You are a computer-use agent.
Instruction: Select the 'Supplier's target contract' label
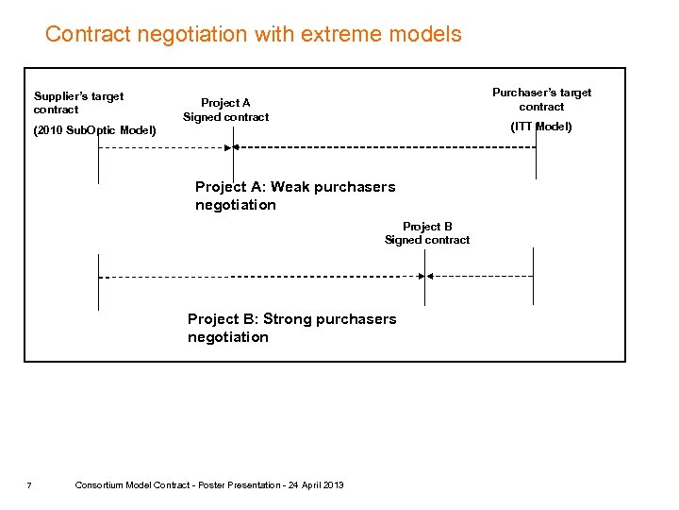pyautogui.click(x=78, y=102)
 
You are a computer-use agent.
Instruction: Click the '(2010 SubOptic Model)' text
pyautogui.click(x=95, y=129)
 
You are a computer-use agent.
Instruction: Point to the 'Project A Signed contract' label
pyautogui.click(x=225, y=110)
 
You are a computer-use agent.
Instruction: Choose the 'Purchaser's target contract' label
pyautogui.click(x=541, y=99)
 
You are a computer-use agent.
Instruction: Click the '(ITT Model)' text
pyautogui.click(x=541, y=127)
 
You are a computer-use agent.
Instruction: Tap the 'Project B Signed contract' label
pyautogui.click(x=427, y=232)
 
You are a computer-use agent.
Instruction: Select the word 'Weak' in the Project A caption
pyautogui.click(x=291, y=187)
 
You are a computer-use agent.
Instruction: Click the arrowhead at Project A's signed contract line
pyautogui.click(x=238, y=147)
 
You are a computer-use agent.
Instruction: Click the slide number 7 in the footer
pyautogui.click(x=29, y=485)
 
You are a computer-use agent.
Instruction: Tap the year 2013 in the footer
pyautogui.click(x=333, y=485)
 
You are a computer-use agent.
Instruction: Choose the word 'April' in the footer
pyautogui.click(x=306, y=485)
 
